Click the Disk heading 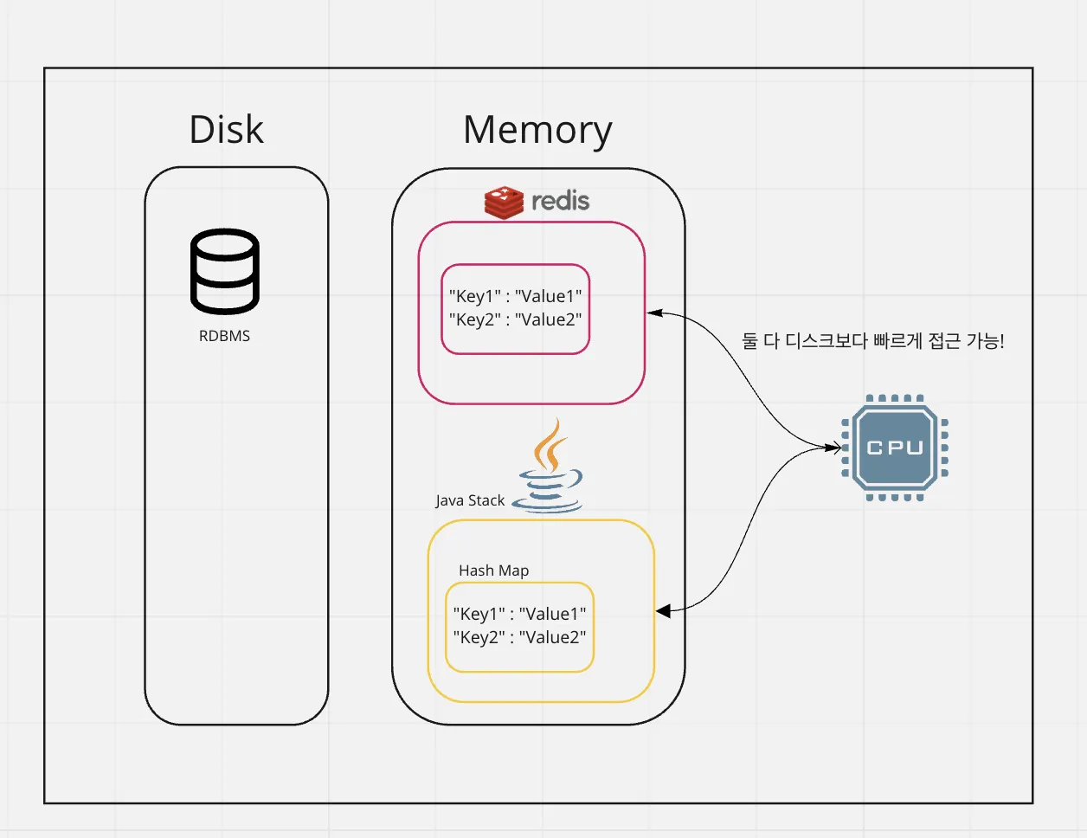pyautogui.click(x=226, y=130)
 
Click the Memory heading pyautogui.click(x=537, y=130)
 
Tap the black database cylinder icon pyautogui.click(x=225, y=271)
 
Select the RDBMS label pyautogui.click(x=224, y=336)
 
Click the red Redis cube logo pyautogui.click(x=504, y=202)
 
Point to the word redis pyautogui.click(x=560, y=201)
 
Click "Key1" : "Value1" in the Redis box pyautogui.click(x=515, y=296)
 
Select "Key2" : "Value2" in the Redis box pyautogui.click(x=515, y=319)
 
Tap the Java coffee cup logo pyautogui.click(x=548, y=468)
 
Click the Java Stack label pyautogui.click(x=470, y=500)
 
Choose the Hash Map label pyautogui.click(x=493, y=570)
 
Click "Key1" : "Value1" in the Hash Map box pyautogui.click(x=519, y=614)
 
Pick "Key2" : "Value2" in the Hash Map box pyautogui.click(x=519, y=637)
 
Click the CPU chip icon pyautogui.click(x=895, y=448)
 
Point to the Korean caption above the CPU pyautogui.click(x=872, y=341)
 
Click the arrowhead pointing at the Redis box pyautogui.click(x=654, y=313)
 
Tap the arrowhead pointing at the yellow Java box pyautogui.click(x=663, y=611)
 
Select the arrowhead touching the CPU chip pyautogui.click(x=834, y=448)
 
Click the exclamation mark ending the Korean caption pyautogui.click(x=1001, y=341)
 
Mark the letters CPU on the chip pyautogui.click(x=895, y=448)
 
